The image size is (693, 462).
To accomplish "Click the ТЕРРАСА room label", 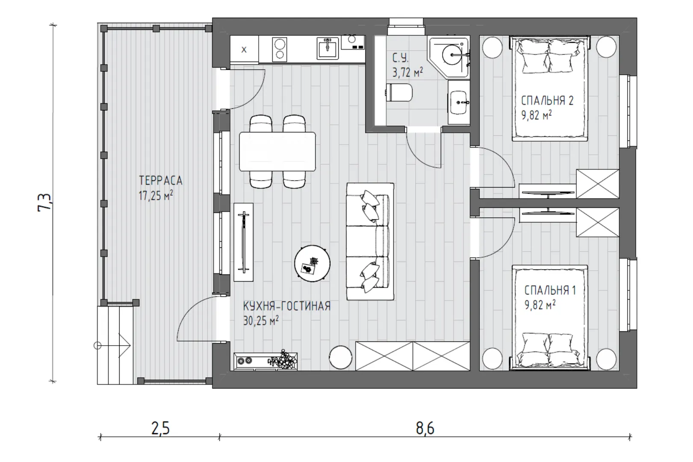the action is [161, 181].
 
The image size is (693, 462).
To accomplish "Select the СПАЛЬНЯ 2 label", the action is [547, 101].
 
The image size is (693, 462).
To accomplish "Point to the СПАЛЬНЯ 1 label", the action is [550, 290].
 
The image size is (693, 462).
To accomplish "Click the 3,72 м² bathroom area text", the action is [407, 72].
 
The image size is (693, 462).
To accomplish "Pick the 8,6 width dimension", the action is [425, 429].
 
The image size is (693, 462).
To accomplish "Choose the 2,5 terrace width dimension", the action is [161, 429].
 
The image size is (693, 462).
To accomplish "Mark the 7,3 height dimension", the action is [44, 203].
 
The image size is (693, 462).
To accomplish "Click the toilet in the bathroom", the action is [399, 92].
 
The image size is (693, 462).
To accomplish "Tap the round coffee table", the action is [312, 264].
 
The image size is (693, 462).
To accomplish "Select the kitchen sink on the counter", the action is [327, 48].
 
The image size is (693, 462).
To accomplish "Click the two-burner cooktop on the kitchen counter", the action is [280, 50].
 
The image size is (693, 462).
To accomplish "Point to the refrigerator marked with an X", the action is [244, 50].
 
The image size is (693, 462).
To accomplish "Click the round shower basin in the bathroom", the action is [453, 55].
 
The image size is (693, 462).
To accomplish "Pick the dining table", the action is [277, 151].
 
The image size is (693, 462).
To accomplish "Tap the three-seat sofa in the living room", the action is [370, 241].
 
